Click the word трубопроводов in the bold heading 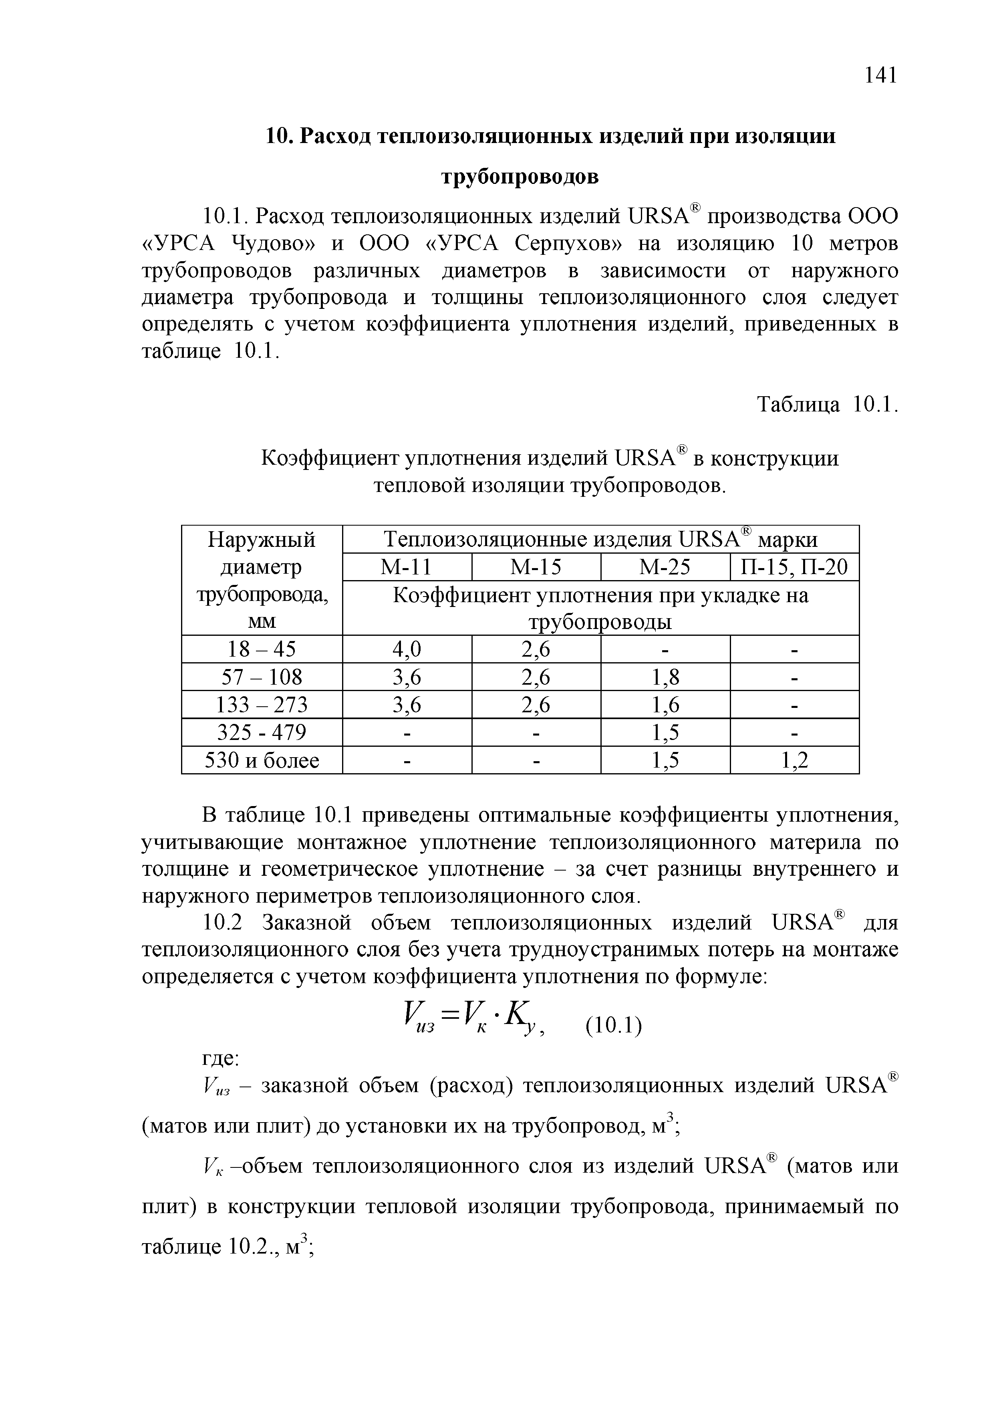point(520,177)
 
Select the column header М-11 point(407,567)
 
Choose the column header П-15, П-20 point(795,567)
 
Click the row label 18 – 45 point(262,649)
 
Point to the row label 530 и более point(262,760)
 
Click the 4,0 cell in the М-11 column point(407,649)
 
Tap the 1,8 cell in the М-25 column point(665,677)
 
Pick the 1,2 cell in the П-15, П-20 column point(795,760)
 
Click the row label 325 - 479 point(262,733)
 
